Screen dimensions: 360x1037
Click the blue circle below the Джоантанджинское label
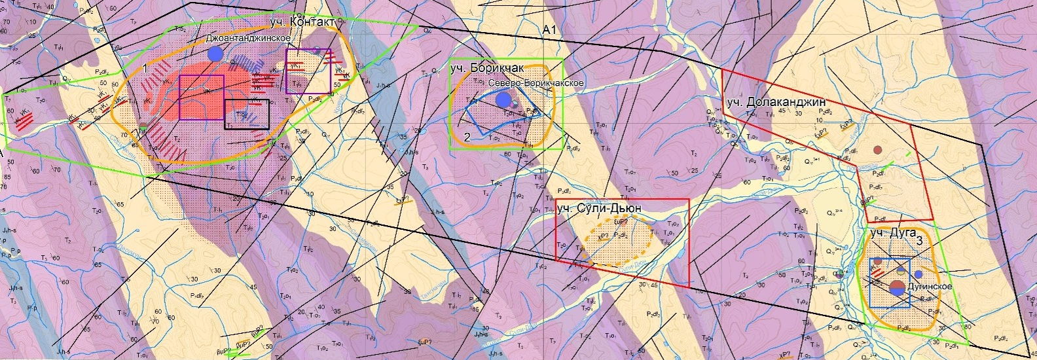click(x=214, y=54)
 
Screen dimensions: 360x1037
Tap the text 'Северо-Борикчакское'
click(x=537, y=83)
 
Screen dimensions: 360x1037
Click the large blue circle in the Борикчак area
click(x=503, y=99)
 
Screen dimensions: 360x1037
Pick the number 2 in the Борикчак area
click(x=467, y=137)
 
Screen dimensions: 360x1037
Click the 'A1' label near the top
click(x=549, y=31)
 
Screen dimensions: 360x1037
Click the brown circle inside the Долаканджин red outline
click(x=877, y=150)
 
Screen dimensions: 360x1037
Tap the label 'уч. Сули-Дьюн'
click(x=598, y=208)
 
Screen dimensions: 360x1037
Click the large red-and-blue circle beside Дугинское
click(x=898, y=287)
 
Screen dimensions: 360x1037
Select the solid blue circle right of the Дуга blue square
click(x=919, y=274)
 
